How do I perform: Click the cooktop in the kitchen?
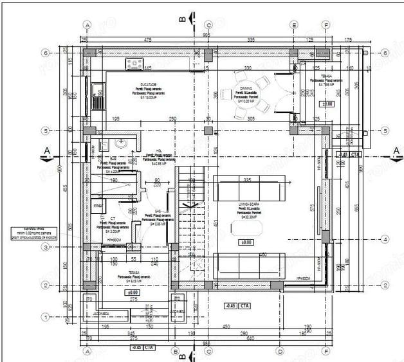click(136, 63)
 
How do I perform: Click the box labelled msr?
click(98, 205)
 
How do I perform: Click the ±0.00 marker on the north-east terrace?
click(327, 103)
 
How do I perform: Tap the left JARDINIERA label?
click(100, 314)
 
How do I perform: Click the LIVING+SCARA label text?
click(247, 203)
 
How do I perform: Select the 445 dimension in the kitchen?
click(147, 68)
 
